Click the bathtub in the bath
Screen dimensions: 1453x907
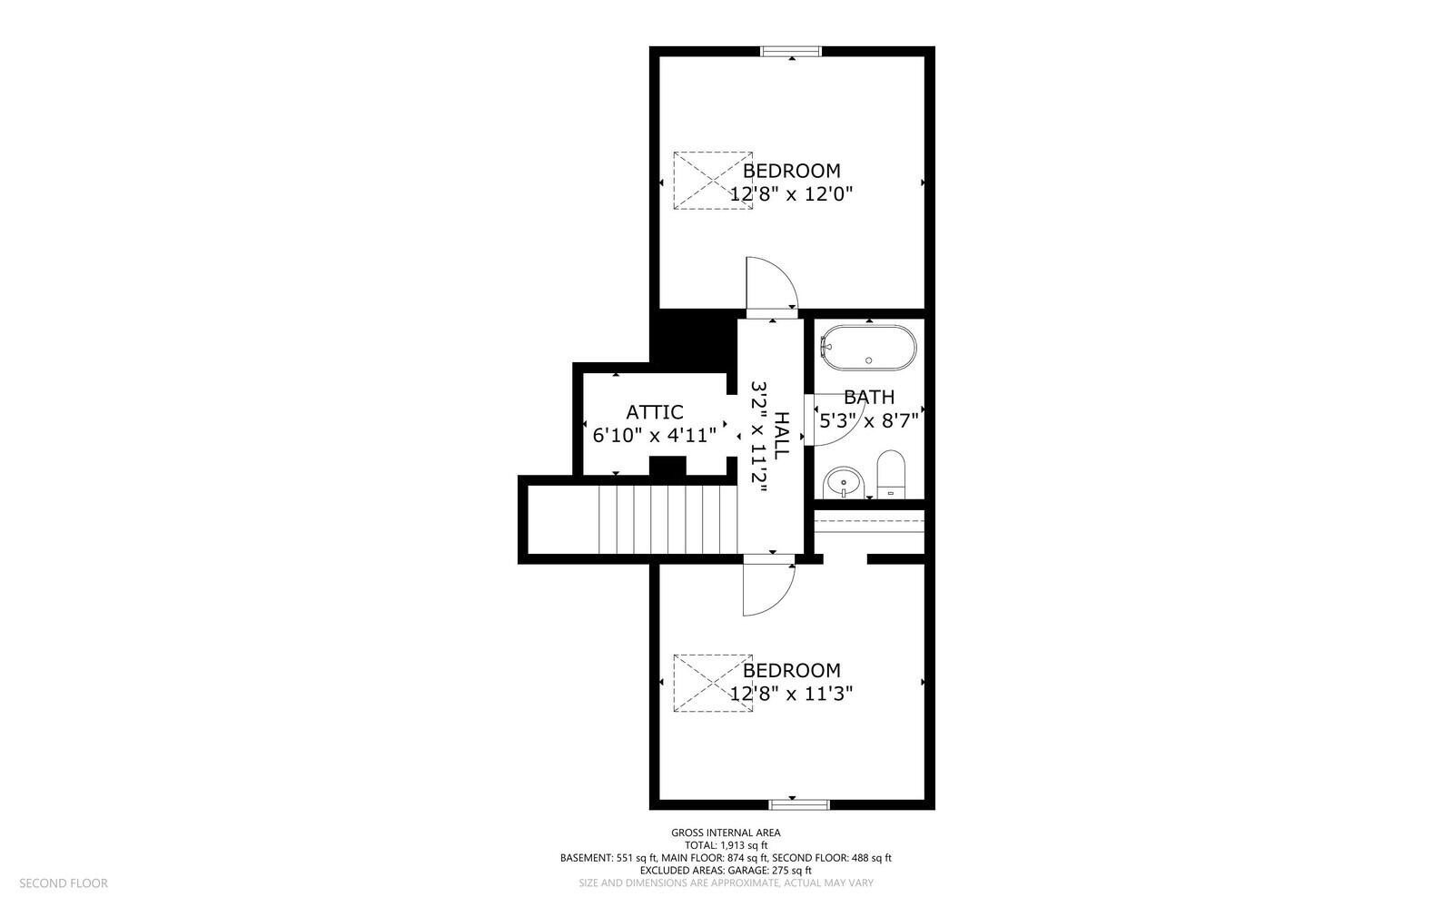click(x=868, y=348)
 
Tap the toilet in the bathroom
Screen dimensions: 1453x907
click(x=891, y=474)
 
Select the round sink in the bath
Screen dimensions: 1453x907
click(x=844, y=483)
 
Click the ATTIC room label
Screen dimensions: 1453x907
click(x=655, y=412)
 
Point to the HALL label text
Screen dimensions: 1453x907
click(x=782, y=435)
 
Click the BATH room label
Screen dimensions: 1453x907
click(x=869, y=397)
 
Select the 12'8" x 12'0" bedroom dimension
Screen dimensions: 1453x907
click(x=791, y=194)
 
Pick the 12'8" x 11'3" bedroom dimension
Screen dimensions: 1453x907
click(x=791, y=694)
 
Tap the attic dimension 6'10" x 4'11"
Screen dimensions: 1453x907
click(x=655, y=434)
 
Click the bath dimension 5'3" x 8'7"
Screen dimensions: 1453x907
click(x=869, y=421)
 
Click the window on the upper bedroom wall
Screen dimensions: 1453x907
click(x=791, y=51)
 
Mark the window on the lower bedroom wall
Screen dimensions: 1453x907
click(x=799, y=804)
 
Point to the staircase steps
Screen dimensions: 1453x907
click(x=668, y=519)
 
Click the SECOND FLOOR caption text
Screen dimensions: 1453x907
click(x=64, y=883)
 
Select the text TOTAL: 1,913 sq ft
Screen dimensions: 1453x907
click(x=726, y=845)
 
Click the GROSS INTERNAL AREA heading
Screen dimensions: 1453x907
click(x=726, y=833)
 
